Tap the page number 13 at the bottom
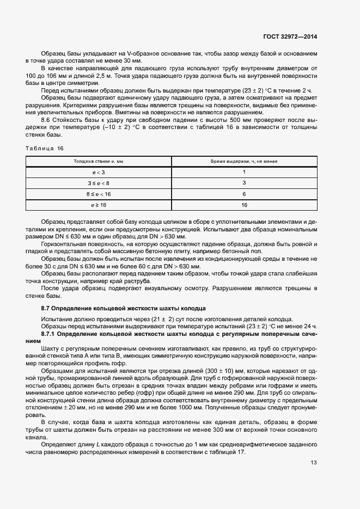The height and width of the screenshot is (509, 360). pyautogui.click(x=314, y=463)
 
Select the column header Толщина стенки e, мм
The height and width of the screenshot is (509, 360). pyautogui.click(x=99, y=162)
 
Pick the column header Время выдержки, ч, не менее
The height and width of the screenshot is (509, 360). pyautogui.click(x=244, y=162)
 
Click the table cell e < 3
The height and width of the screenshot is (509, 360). pyautogui.click(x=99, y=172)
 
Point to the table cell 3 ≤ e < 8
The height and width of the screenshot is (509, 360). pyautogui.click(x=99, y=183)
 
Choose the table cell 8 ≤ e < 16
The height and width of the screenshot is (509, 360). pyautogui.click(x=99, y=194)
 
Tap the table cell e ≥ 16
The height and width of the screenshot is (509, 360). pyautogui.click(x=99, y=205)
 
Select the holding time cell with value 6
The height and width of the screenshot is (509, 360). pyautogui.click(x=244, y=194)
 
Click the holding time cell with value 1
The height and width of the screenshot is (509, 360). pyautogui.click(x=244, y=172)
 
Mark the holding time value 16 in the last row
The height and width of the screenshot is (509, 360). pyautogui.click(x=244, y=205)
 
